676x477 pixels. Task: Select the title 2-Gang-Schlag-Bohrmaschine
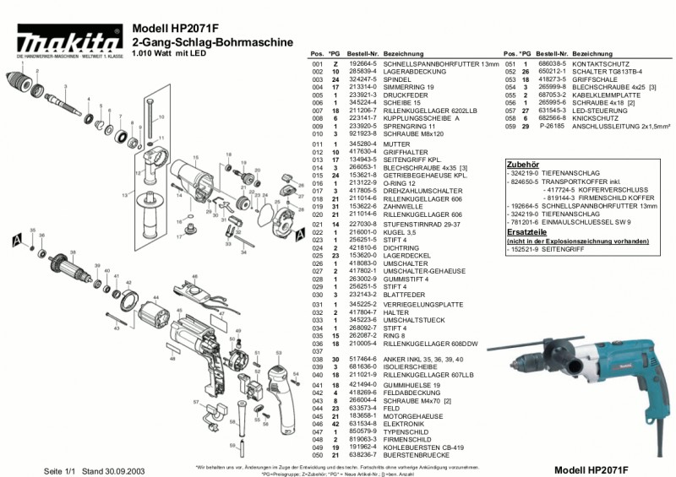point(213,41)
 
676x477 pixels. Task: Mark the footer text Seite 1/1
point(63,469)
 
